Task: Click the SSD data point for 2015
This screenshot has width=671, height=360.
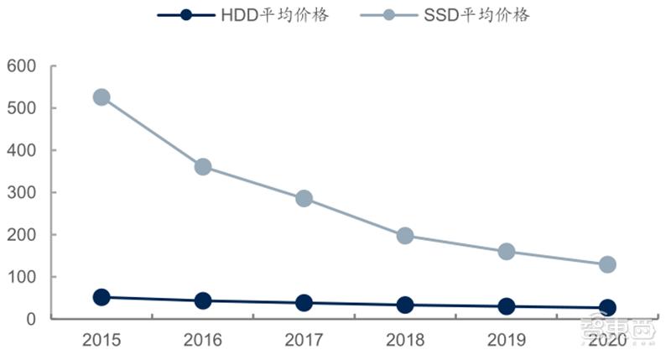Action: pyautogui.click(x=101, y=97)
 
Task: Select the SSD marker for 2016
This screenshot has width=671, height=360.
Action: pyautogui.click(x=203, y=167)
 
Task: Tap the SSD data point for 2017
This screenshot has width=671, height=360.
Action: pyautogui.click(x=304, y=199)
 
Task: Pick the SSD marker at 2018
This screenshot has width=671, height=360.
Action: pyautogui.click(x=405, y=236)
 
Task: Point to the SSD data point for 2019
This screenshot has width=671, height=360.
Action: pyautogui.click(x=507, y=252)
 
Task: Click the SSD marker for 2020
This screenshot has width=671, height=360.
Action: pyautogui.click(x=607, y=264)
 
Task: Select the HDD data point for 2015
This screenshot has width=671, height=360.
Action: pyautogui.click(x=101, y=297)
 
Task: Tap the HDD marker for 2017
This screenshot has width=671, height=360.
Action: pyautogui.click(x=304, y=303)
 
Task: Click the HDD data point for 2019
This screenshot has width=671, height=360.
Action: pyautogui.click(x=507, y=307)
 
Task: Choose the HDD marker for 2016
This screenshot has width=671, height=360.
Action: pyautogui.click(x=203, y=300)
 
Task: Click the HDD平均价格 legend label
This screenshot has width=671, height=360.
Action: pyautogui.click(x=273, y=15)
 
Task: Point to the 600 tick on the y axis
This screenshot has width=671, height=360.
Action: pyautogui.click(x=22, y=66)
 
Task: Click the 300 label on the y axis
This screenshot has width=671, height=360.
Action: pyautogui.click(x=22, y=193)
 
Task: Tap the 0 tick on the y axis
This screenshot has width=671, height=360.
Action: pyautogui.click(x=32, y=320)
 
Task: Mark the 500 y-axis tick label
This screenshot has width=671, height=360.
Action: pyautogui.click(x=22, y=108)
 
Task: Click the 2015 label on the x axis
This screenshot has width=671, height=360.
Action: pyautogui.click(x=101, y=340)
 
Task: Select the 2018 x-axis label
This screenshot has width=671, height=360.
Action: pyautogui.click(x=405, y=340)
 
